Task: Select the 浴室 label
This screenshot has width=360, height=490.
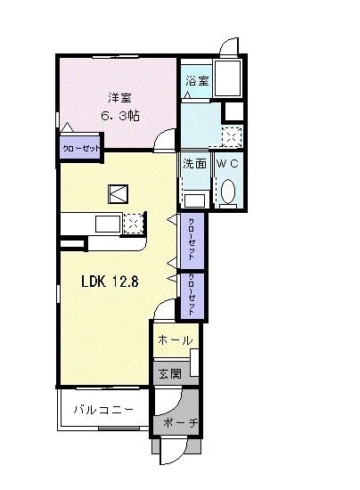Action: click(x=197, y=81)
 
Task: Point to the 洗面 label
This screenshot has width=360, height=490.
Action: click(x=195, y=164)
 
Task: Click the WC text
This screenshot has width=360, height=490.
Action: click(x=228, y=164)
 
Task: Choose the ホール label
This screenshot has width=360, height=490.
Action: click(x=174, y=340)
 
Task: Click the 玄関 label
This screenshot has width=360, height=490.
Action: click(x=169, y=373)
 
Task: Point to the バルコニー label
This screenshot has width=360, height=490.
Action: click(x=103, y=411)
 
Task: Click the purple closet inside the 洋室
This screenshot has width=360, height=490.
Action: click(x=79, y=148)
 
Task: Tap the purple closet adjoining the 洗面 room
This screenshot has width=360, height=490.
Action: click(x=191, y=239)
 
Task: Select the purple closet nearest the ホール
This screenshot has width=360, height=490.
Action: click(x=191, y=295)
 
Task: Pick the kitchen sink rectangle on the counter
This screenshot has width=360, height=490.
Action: click(x=108, y=223)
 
